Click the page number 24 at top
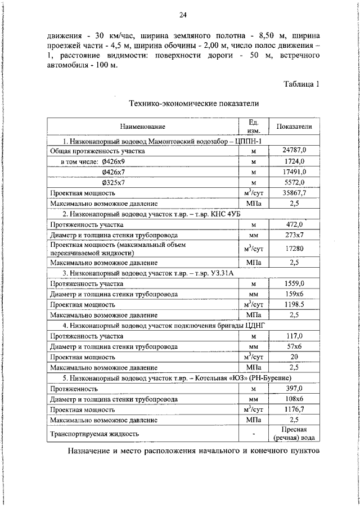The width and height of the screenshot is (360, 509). (x=183, y=15)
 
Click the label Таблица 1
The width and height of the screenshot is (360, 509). (x=301, y=84)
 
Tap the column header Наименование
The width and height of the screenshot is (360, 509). (x=142, y=127)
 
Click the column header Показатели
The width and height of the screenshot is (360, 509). (x=294, y=127)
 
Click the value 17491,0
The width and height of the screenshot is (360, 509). (x=294, y=172)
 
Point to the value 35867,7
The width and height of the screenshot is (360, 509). (x=294, y=193)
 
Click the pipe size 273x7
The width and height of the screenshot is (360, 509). (x=294, y=235)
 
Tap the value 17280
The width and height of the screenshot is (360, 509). (x=294, y=248)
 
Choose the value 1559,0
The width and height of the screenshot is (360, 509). (x=294, y=283)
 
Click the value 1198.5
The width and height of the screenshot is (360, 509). (x=294, y=304)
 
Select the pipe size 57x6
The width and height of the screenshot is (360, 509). (x=294, y=346)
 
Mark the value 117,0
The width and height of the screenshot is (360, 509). (x=294, y=335)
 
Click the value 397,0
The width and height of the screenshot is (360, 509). (x=294, y=388)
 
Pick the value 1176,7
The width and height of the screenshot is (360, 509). (x=294, y=409)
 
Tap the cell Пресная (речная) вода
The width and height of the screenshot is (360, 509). (x=294, y=433)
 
